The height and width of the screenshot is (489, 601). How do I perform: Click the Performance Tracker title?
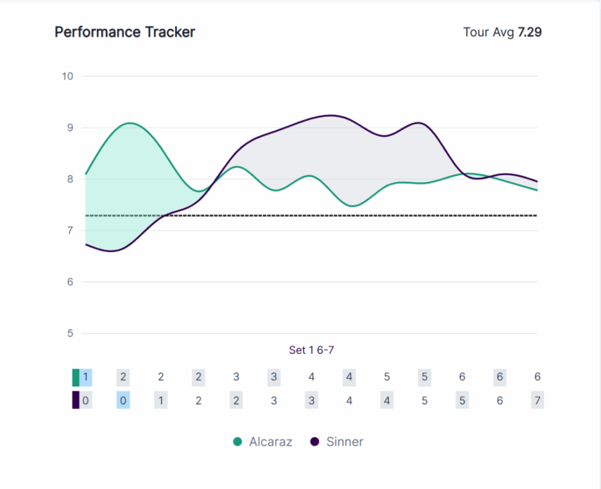coord(124,33)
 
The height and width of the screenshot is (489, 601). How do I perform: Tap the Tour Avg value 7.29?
coord(535,33)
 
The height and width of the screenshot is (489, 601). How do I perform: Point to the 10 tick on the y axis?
coord(68,76)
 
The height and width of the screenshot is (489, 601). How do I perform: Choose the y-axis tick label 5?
coord(70,334)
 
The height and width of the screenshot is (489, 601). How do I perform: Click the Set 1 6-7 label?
coord(311,350)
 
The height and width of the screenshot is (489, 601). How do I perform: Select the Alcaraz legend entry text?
coord(270,441)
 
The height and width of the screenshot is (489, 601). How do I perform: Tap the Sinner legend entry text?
coord(344,441)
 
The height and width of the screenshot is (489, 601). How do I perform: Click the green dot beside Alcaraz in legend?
coord(238,441)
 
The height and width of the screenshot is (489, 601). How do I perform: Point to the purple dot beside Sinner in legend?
coord(315,441)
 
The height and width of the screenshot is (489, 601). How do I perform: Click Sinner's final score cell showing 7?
coord(538,401)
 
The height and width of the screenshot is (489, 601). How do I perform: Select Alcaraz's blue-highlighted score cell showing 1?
coord(85,377)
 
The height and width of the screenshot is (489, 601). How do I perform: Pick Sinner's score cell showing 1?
coord(161,401)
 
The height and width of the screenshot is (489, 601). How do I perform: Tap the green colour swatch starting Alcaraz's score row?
coord(76,377)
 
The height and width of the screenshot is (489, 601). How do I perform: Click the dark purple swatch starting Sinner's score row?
coord(76,401)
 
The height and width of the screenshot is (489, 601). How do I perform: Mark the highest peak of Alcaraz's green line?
coord(129,124)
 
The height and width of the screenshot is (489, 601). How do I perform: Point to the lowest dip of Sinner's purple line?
coord(111,250)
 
